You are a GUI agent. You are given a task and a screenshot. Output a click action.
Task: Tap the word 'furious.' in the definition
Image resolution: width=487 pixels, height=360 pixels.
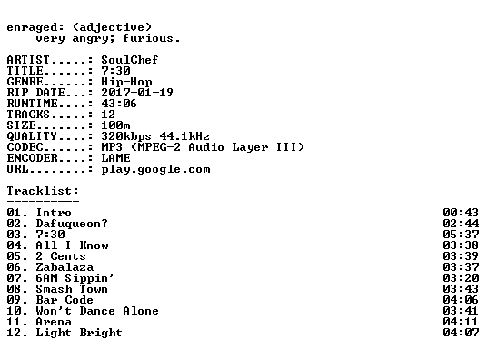(151, 38)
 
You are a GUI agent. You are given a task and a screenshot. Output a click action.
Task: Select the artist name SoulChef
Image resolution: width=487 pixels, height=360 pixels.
(130, 60)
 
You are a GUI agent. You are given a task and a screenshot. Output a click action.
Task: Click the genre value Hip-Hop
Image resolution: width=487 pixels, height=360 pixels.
(126, 82)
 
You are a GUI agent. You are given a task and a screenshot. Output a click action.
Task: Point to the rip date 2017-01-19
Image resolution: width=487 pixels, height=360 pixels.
(137, 93)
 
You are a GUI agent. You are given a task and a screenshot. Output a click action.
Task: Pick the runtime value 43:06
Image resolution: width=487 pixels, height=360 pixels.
(119, 104)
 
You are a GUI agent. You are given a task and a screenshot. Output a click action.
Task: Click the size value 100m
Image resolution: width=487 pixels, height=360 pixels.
(115, 125)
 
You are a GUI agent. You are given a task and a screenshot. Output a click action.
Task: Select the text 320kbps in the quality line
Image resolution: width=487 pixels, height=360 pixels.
(126, 136)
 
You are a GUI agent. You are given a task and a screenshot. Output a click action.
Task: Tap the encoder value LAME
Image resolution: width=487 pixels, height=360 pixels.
(115, 158)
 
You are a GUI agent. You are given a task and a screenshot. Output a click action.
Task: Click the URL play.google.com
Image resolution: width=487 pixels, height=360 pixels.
(155, 169)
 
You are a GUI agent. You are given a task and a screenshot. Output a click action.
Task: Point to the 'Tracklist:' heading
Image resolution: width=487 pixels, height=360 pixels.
(43, 191)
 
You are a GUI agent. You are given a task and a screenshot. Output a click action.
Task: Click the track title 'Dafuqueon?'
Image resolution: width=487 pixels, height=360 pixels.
(72, 224)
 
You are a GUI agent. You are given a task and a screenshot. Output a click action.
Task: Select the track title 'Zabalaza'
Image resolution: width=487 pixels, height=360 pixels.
(65, 267)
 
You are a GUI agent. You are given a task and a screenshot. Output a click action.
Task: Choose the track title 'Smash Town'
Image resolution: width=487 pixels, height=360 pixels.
(72, 289)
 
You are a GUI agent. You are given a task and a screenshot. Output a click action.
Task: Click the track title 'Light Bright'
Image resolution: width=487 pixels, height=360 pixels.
(79, 333)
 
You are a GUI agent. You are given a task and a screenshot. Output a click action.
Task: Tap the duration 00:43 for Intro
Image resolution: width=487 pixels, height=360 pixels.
(461, 213)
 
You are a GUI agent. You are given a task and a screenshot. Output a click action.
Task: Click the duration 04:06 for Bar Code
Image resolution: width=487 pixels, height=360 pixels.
(461, 300)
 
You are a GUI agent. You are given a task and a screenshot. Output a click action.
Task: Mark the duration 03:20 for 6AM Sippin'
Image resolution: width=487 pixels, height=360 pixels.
(461, 278)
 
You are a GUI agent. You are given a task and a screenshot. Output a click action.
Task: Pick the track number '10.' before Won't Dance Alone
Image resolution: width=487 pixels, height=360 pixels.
(17, 311)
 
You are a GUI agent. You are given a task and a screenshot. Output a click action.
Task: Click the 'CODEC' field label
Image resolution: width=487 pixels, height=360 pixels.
(25, 147)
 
